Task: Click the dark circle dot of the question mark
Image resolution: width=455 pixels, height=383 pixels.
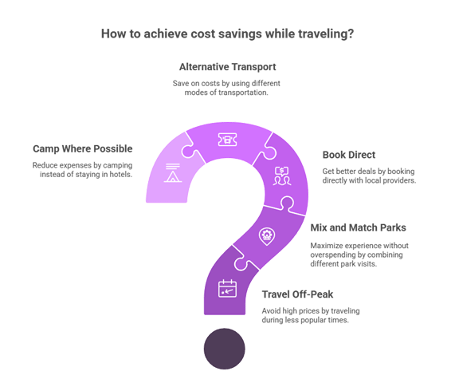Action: pos(224,349)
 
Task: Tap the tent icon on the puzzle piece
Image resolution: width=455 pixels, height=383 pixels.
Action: pos(173,173)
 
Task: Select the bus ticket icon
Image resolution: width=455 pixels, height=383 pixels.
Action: pos(227,140)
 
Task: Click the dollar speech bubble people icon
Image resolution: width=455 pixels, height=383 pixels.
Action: pos(282,176)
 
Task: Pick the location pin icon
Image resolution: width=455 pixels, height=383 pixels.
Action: pos(267,236)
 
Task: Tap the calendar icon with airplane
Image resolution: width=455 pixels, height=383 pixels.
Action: pos(227,289)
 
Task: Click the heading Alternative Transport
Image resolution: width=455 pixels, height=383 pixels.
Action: pos(228,67)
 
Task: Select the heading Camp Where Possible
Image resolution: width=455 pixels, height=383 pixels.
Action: pos(83,148)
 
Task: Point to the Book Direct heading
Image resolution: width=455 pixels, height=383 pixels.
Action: pos(349,155)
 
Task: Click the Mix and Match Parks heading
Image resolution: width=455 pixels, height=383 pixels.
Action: pos(358,227)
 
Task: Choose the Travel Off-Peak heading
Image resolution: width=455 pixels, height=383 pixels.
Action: pos(297,294)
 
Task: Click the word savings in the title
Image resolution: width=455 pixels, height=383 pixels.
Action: pos(240,34)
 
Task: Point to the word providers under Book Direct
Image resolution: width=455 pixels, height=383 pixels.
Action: pos(400,180)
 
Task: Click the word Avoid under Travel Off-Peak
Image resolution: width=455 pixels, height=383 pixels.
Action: pos(271,311)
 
